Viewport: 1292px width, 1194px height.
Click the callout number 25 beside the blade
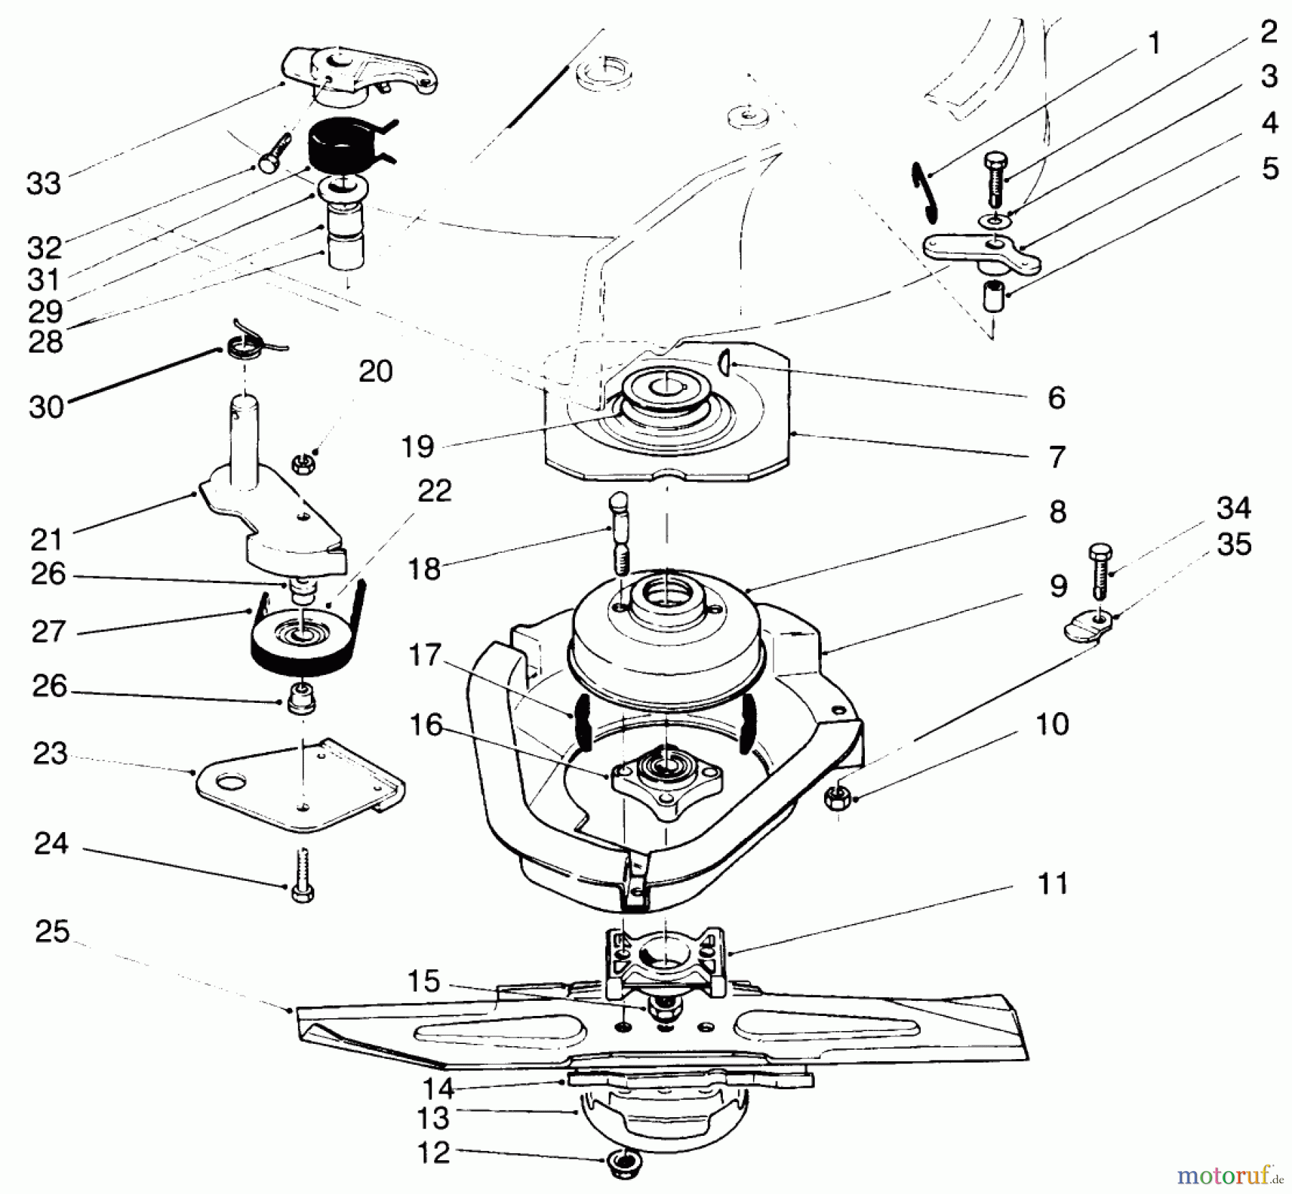52,933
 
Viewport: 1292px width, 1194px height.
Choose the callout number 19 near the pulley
418,447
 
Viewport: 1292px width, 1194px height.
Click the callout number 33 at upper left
44,184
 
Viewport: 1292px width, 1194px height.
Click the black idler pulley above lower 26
305,643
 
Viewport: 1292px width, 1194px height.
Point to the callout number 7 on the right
1057,457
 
